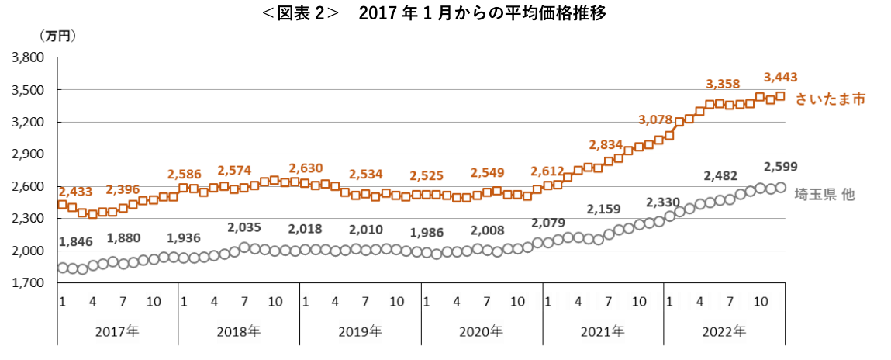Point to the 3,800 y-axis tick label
tap(29, 58)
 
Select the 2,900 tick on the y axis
tap(29, 154)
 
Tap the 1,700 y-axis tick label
tap(29, 283)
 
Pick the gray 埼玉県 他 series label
tap(824, 195)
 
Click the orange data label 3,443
tap(781, 77)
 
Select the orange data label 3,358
tap(723, 84)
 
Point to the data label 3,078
tap(655, 119)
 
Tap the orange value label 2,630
tap(306, 168)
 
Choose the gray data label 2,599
tap(781, 167)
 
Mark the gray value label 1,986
tap(427, 232)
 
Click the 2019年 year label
tap(361, 330)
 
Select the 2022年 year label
tap(724, 330)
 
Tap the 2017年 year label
tap(118, 330)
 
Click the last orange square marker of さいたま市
tap(780, 96)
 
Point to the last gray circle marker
tap(781, 187)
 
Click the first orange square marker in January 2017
tap(63, 205)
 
